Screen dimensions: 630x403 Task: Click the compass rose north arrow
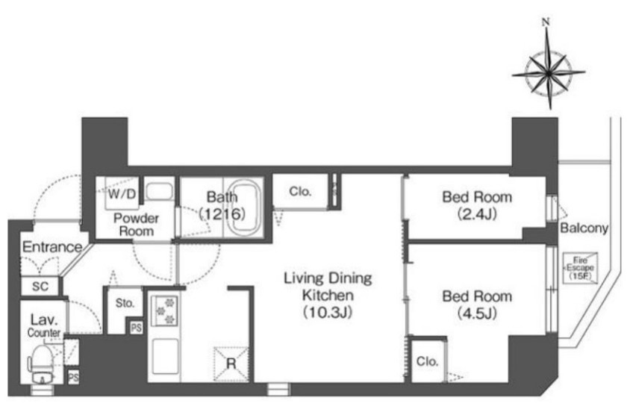coord(549,65)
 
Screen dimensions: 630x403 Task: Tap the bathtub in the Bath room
coord(245,207)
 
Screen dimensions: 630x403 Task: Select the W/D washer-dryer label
coord(122,194)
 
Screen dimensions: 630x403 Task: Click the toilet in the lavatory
coord(42,365)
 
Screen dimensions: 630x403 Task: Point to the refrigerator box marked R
coord(231,363)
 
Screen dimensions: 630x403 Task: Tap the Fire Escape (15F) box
coord(580,268)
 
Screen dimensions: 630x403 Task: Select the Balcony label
coord(584,228)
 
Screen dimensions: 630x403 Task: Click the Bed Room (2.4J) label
coord(477,205)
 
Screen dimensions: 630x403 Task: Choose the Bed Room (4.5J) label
coord(477,304)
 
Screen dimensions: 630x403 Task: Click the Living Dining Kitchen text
coord(328,287)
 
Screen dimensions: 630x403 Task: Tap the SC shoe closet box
coord(40,286)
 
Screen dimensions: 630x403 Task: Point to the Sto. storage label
coord(125,303)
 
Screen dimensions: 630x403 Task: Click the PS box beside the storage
coord(136,328)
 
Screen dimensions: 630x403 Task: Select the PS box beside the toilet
coord(73,378)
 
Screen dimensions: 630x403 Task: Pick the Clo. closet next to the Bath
coord(300,192)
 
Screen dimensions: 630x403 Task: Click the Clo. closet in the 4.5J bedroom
coord(427,361)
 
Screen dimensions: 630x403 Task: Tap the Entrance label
coord(52,247)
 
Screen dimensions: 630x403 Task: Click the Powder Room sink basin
coord(159,191)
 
